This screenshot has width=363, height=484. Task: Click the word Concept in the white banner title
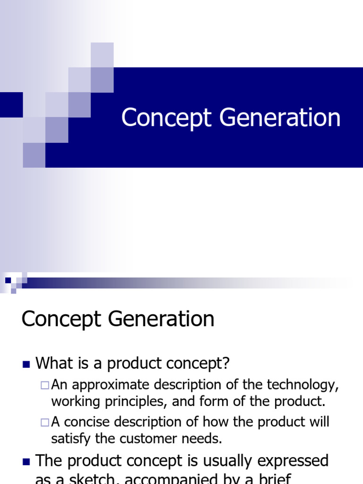point(165,118)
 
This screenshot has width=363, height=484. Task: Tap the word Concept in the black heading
point(62,320)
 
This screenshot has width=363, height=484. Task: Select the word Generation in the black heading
point(161,320)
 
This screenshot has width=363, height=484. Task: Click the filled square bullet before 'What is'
point(26,364)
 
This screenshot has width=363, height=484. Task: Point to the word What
point(54,363)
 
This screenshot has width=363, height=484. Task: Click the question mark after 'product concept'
point(225,363)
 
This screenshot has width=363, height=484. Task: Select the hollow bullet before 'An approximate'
point(45,385)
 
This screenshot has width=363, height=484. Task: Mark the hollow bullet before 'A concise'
point(45,422)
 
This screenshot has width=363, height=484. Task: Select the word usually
point(221,461)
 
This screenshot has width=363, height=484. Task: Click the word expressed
point(294,461)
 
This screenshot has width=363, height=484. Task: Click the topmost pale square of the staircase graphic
point(102,54)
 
